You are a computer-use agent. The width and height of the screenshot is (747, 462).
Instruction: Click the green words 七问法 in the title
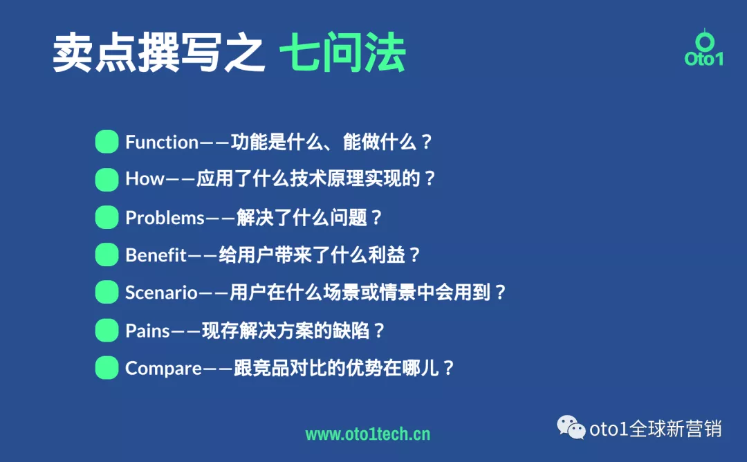click(x=342, y=55)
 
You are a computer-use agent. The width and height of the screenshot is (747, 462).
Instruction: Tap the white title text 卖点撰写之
click(x=159, y=55)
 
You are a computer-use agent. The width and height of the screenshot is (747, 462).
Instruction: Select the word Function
click(x=162, y=142)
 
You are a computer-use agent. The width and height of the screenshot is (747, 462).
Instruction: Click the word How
click(x=145, y=180)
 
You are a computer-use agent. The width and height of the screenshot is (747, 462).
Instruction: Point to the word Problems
click(x=165, y=218)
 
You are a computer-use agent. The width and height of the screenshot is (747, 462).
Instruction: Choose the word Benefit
click(x=156, y=255)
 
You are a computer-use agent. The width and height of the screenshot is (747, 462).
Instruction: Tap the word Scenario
click(x=161, y=293)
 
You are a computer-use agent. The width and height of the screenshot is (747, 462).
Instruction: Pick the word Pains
click(x=147, y=331)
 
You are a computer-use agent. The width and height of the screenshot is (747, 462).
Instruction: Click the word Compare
click(x=163, y=368)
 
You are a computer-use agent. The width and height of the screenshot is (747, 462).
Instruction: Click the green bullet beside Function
click(x=107, y=142)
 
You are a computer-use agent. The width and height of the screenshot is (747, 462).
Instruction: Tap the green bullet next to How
click(x=107, y=180)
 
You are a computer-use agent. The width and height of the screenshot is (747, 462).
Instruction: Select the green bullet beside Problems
click(x=107, y=217)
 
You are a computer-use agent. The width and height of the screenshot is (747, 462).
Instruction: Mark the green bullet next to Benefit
click(x=107, y=255)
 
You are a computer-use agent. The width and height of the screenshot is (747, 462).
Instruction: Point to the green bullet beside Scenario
click(x=107, y=293)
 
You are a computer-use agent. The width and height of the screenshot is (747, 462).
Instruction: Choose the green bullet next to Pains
click(x=107, y=330)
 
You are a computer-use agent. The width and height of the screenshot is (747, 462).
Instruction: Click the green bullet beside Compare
click(x=107, y=367)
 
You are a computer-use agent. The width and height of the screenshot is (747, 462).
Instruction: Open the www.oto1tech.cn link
click(x=367, y=434)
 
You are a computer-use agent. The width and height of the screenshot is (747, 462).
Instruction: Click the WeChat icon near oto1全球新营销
click(x=571, y=428)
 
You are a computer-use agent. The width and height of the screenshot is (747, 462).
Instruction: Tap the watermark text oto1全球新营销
click(x=655, y=429)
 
